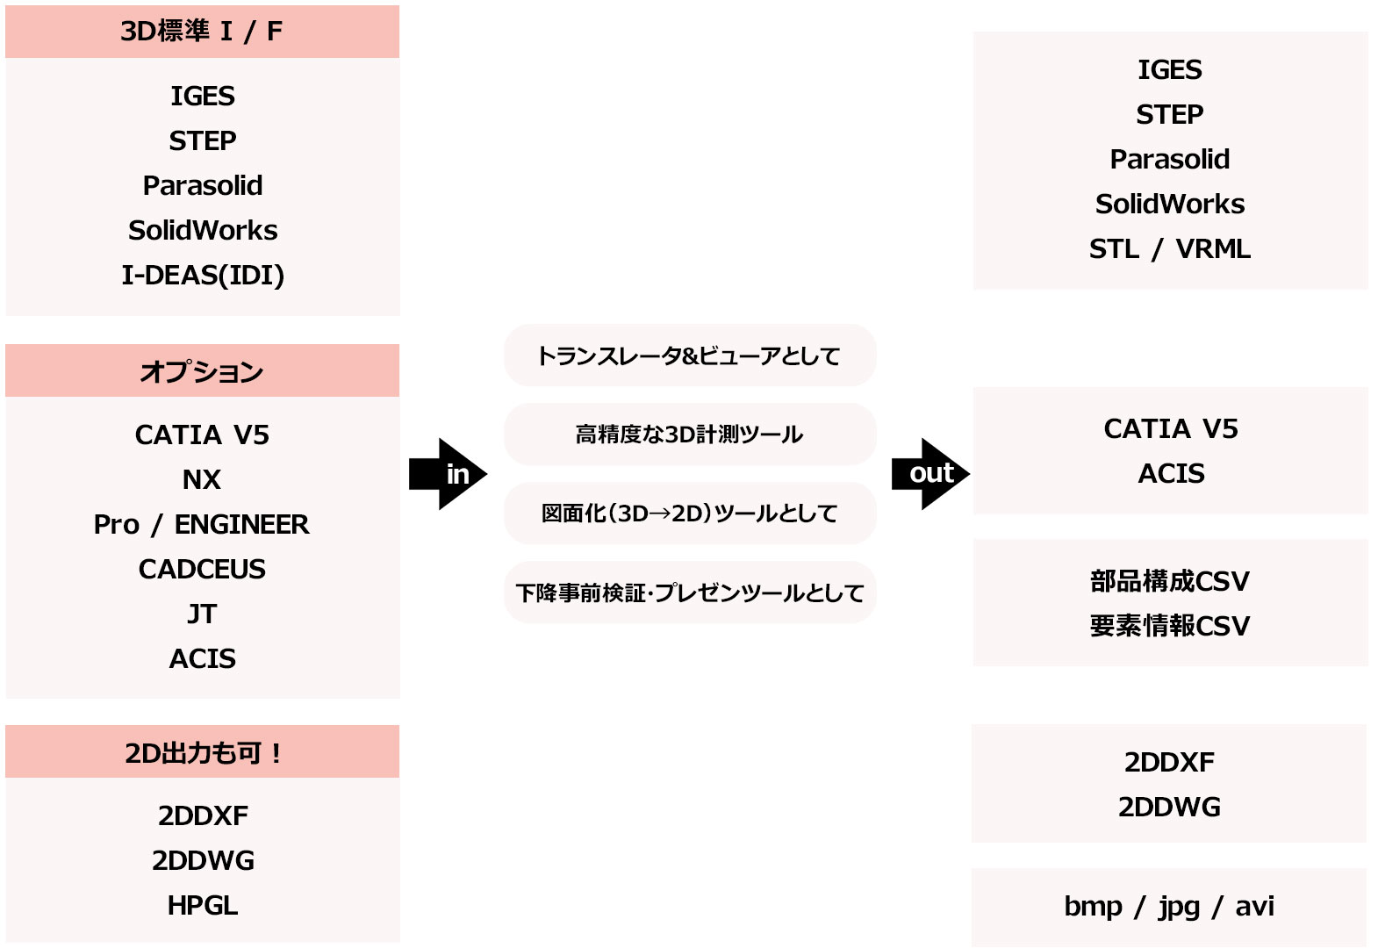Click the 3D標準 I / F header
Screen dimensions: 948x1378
[x=202, y=32]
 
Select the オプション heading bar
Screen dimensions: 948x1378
[x=202, y=371]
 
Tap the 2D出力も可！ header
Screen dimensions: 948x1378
[x=202, y=752]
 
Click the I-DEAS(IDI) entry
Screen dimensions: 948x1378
[x=203, y=275]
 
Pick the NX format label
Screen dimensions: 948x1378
[x=202, y=479]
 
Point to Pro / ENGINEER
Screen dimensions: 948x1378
[x=202, y=524]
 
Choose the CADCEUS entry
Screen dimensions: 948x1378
[x=202, y=569]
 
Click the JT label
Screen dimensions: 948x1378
[x=202, y=614]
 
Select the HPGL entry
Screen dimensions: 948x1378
[x=203, y=905]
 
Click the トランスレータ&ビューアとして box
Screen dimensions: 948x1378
[x=689, y=355]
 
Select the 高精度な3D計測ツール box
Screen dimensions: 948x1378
[x=689, y=434]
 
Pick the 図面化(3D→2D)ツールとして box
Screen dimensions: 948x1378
[x=689, y=513]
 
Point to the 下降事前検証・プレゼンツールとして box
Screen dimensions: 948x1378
[x=689, y=592]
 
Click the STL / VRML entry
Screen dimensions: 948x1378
[x=1170, y=249]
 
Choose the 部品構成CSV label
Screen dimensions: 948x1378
[x=1170, y=581]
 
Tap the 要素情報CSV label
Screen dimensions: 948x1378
[x=1170, y=626]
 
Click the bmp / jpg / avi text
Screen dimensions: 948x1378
[x=1169, y=906]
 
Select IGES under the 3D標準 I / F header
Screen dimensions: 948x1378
[x=203, y=96]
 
